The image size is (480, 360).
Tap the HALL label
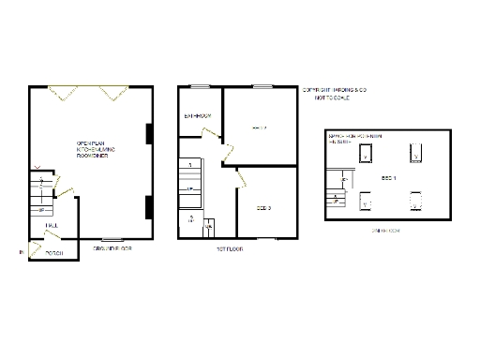pyautogui.click(x=50, y=225)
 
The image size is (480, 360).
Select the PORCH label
pyautogui.click(x=53, y=254)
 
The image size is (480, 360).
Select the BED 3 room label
pyautogui.click(x=262, y=207)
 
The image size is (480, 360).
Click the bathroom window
pyautogui.click(x=200, y=87)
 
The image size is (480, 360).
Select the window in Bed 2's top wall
pyautogui.click(x=262, y=87)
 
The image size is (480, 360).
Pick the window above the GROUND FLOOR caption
pyautogui.click(x=112, y=239)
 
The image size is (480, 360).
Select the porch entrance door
pyautogui.click(x=35, y=247)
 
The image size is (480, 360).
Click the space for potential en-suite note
pyautogui.click(x=350, y=141)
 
